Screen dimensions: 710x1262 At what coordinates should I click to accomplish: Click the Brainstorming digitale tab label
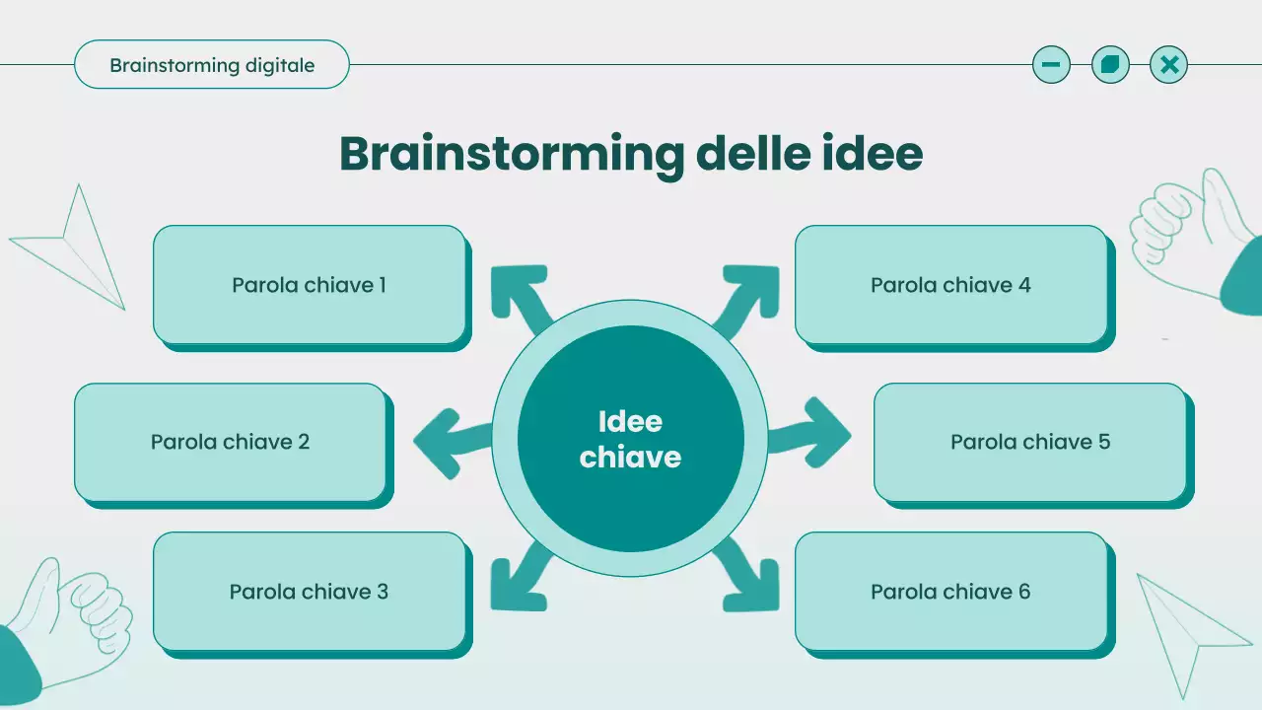point(212,65)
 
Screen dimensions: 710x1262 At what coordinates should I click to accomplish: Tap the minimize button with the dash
point(1051,65)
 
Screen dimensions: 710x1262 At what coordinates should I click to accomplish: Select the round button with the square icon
point(1110,65)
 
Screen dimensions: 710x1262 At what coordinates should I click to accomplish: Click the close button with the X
point(1169,65)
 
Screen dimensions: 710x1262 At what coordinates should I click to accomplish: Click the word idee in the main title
point(871,154)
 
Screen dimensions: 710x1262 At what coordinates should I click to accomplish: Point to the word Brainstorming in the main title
point(511,154)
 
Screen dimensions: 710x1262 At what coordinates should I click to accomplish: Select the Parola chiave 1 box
point(310,285)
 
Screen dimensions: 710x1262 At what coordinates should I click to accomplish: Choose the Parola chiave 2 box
point(231,442)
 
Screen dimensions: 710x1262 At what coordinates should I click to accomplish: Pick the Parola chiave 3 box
point(310,592)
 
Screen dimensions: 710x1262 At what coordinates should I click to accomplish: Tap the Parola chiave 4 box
point(950,285)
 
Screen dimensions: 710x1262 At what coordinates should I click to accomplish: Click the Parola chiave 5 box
point(1029,442)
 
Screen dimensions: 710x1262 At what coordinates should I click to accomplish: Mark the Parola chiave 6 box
point(950,592)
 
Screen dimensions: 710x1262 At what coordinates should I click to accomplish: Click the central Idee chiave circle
point(631,439)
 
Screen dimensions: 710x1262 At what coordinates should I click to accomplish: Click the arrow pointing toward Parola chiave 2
point(449,441)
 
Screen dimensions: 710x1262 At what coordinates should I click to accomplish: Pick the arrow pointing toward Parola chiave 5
point(812,434)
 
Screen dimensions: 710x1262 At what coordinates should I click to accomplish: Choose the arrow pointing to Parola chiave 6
point(747,579)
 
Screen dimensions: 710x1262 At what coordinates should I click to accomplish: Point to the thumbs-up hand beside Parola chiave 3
point(69,621)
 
